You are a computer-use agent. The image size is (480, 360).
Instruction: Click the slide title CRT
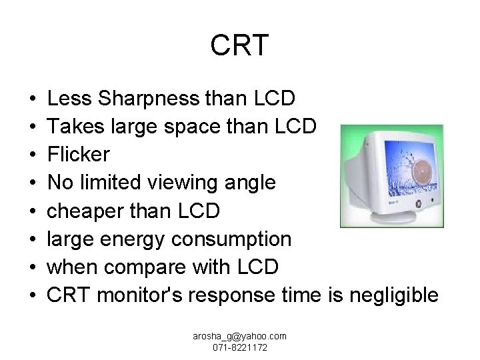[x=239, y=46]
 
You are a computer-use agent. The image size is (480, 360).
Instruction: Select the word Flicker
[x=79, y=155]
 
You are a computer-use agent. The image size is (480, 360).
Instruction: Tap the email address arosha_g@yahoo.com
[x=239, y=337]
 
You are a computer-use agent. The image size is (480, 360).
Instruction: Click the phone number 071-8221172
[x=239, y=349]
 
